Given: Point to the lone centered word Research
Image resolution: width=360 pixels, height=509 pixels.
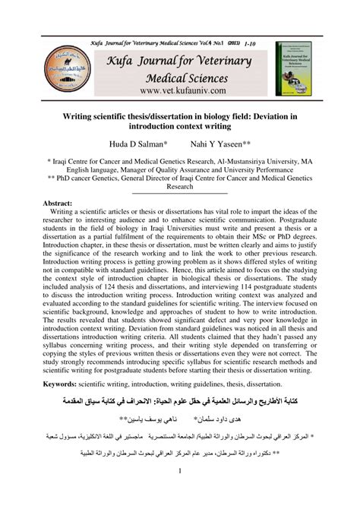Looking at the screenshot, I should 180,185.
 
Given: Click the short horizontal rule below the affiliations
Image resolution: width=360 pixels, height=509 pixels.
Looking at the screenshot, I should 180,193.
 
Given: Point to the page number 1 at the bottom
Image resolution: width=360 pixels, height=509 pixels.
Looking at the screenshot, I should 180,494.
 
